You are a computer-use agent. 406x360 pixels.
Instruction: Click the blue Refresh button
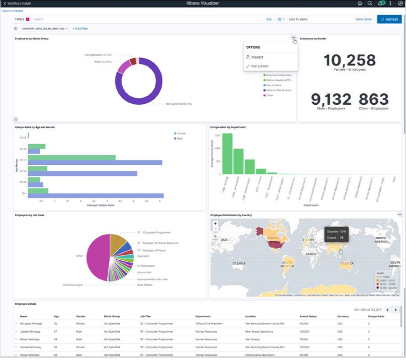click(x=389, y=19)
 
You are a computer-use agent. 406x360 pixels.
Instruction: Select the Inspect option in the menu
click(x=257, y=57)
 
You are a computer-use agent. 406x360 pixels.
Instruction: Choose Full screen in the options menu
click(x=260, y=66)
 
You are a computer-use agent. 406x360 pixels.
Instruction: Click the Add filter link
click(x=80, y=29)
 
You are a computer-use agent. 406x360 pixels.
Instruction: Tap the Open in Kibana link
click(x=12, y=11)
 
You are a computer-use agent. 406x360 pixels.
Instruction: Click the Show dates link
click(x=363, y=19)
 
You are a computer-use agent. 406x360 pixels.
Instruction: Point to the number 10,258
click(x=349, y=60)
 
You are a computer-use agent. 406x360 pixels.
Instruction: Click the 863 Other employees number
click(x=374, y=99)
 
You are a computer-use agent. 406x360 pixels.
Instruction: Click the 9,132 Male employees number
click(x=331, y=99)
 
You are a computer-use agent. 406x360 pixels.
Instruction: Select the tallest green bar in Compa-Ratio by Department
click(x=227, y=154)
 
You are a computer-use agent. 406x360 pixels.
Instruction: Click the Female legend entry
click(x=181, y=133)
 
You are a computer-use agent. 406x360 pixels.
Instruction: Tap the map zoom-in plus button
click(x=215, y=223)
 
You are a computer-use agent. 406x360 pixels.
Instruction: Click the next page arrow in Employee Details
click(x=395, y=309)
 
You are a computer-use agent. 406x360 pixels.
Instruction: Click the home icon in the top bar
click(x=359, y=3)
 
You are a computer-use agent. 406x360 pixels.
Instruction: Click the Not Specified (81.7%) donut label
click(x=179, y=103)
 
